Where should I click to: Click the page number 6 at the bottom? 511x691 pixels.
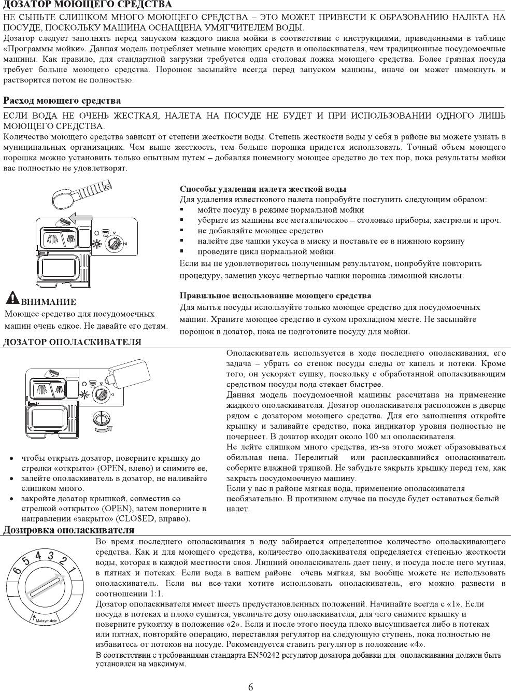[x=251, y=687]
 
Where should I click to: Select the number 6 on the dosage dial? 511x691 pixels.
[x=17, y=570]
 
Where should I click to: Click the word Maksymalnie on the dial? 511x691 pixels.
[x=46, y=620]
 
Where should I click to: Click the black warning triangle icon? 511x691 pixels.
[x=12, y=298]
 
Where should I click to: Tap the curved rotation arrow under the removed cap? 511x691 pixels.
[x=104, y=430]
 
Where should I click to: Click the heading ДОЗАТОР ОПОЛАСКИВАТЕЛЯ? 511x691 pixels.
[x=72, y=342]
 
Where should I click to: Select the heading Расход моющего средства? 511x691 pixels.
[x=62, y=101]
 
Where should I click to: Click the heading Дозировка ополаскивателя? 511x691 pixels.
[x=69, y=530]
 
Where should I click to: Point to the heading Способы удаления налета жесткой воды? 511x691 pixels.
[x=263, y=189]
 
